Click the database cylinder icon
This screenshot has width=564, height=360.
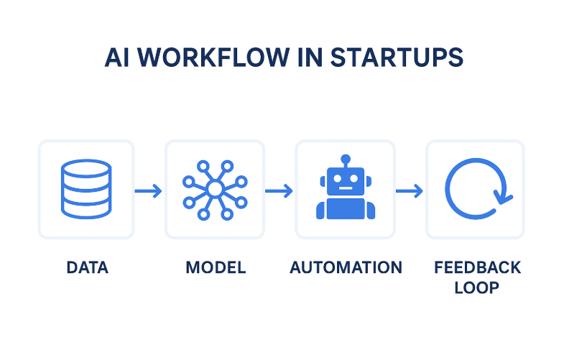[85, 190]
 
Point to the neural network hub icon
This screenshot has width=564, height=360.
[214, 190]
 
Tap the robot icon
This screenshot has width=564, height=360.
[346, 188]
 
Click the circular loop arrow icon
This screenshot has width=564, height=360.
[475, 190]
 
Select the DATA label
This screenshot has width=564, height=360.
[87, 268]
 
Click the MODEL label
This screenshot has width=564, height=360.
[216, 268]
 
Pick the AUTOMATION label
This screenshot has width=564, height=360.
[346, 268]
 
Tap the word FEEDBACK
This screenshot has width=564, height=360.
[477, 268]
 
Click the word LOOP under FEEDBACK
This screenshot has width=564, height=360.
[477, 288]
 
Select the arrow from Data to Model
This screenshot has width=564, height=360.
[149, 190]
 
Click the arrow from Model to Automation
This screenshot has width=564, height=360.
[279, 190]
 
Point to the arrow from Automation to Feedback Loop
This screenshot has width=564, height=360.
[410, 190]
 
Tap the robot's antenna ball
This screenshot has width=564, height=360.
[346, 158]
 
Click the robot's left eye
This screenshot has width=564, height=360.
[338, 180]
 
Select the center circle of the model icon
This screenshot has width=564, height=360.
[214, 190]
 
